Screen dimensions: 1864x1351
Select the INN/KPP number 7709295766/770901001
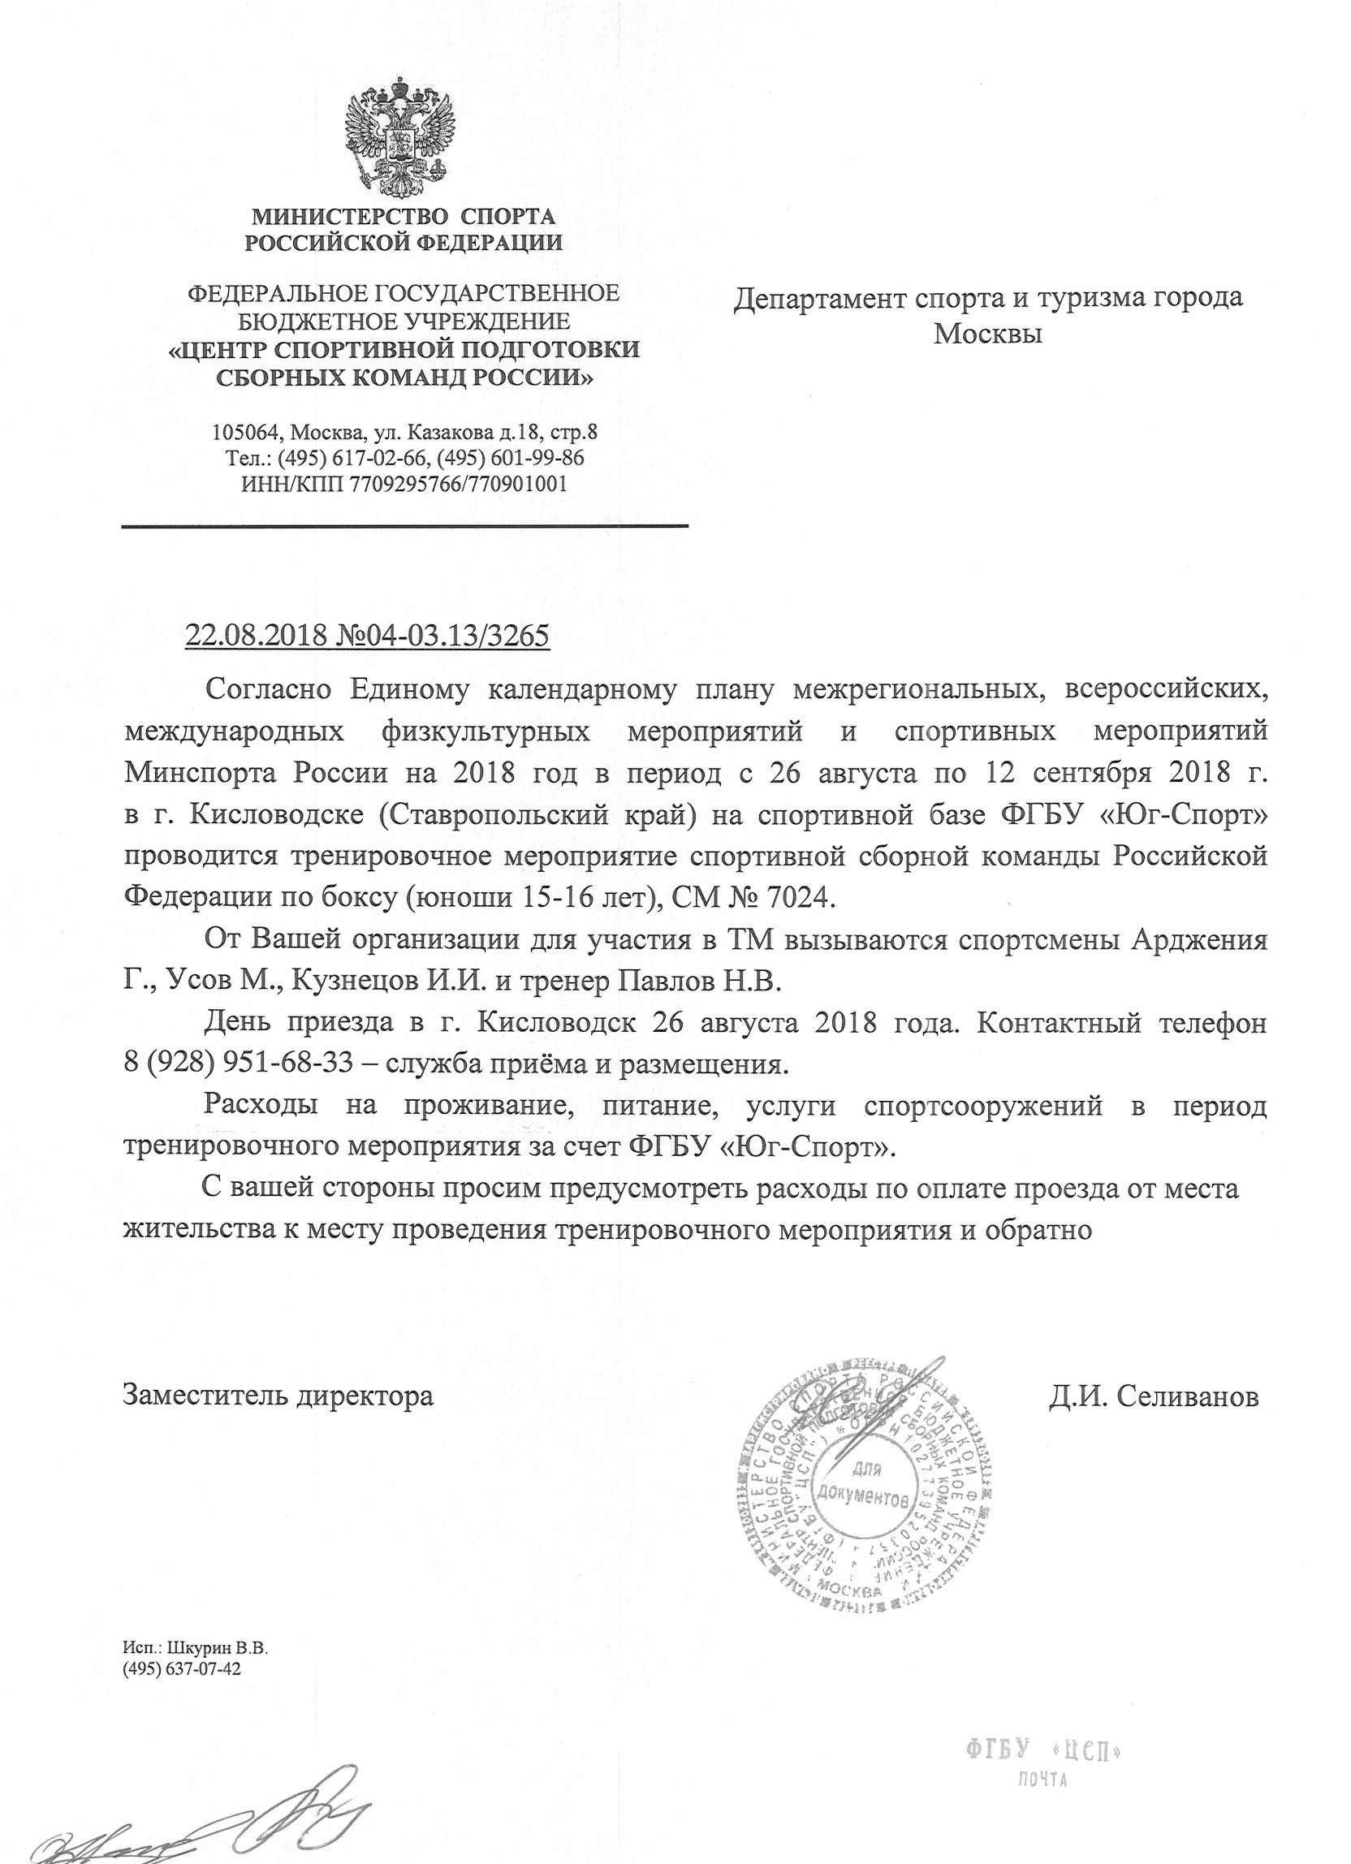(x=458, y=483)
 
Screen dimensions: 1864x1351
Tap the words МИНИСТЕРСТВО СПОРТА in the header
(x=404, y=217)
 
